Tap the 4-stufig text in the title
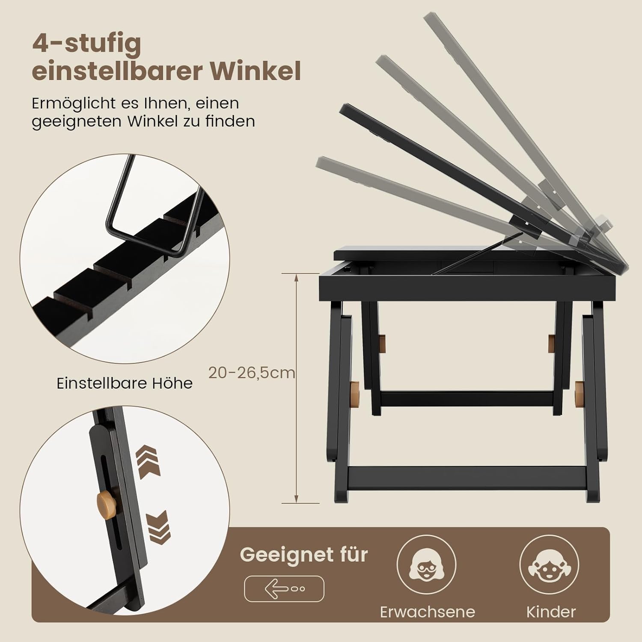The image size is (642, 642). (86, 44)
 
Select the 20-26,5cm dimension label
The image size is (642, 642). (252, 373)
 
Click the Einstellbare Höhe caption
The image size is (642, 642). (125, 383)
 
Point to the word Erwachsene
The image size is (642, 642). (428, 612)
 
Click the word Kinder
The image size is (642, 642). (551, 612)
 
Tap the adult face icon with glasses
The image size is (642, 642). (426, 564)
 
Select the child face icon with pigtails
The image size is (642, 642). (549, 564)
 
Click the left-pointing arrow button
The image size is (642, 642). (284, 589)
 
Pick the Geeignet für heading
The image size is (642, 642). (304, 555)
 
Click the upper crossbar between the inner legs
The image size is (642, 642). (467, 398)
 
